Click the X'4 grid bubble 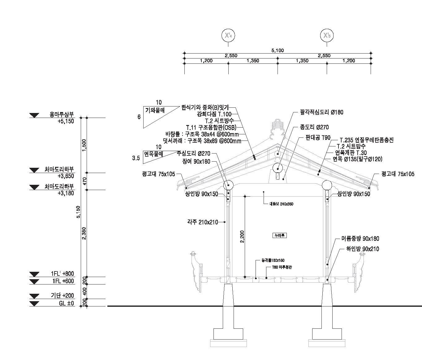228,35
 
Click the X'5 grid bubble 327,35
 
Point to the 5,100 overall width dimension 278,50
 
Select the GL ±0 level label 67,303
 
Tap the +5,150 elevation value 66,121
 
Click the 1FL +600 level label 63,281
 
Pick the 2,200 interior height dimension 242,237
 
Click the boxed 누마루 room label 279,235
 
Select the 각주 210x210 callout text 202,222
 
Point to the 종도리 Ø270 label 314,127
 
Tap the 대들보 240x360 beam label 281,204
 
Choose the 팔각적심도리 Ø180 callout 321,112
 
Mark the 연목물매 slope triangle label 154,154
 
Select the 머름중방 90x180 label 360,239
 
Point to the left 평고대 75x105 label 158,174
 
